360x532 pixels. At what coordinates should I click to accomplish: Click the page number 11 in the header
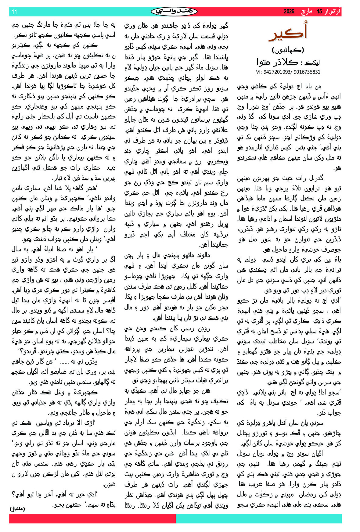[14, 12]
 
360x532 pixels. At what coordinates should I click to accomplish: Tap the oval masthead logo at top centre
[174, 11]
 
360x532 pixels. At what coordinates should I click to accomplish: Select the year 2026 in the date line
[289, 12]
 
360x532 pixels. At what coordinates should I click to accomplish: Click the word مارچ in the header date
[306, 12]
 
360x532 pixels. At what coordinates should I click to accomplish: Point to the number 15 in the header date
[319, 12]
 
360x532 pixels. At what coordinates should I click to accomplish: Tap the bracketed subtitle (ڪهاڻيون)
[288, 50]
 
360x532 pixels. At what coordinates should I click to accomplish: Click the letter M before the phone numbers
[257, 72]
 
